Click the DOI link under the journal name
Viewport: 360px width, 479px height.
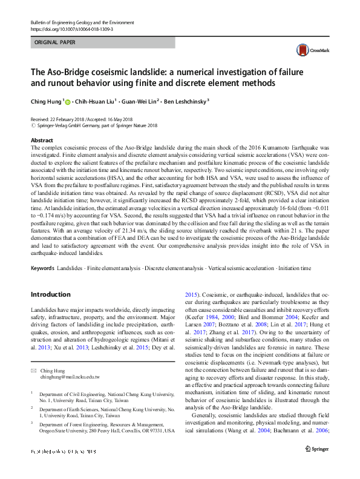click(x=71, y=28)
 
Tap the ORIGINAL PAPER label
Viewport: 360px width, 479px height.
click(x=56, y=43)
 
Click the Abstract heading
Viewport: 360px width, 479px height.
click(x=42, y=139)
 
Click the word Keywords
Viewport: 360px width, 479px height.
click(x=42, y=266)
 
